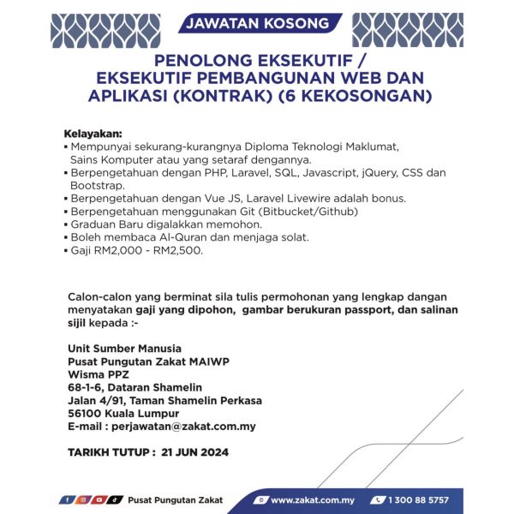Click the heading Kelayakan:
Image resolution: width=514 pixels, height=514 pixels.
[93, 134]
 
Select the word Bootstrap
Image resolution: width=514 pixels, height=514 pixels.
[98, 184]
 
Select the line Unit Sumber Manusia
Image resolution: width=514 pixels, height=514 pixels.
[124, 349]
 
